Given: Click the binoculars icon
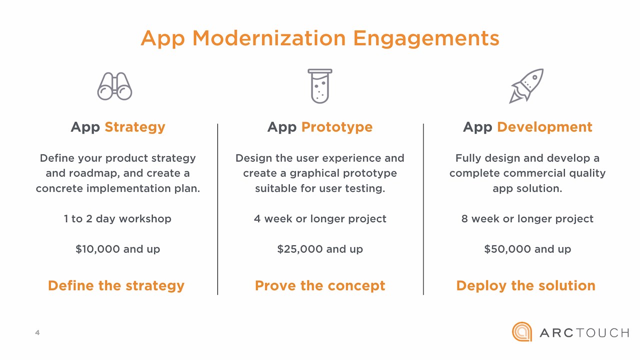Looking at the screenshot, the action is pyautogui.click(x=114, y=86).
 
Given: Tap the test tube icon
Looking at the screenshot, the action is pyautogui.click(x=319, y=85).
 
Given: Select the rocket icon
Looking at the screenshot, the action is pyautogui.click(x=526, y=85).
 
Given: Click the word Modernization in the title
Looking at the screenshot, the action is pyautogui.click(x=269, y=38).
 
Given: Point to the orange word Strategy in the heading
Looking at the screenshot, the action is pyautogui.click(x=135, y=127).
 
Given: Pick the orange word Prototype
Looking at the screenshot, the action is pyautogui.click(x=337, y=127).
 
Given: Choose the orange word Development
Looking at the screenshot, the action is pyautogui.click(x=544, y=127).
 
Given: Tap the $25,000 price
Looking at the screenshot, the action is pyautogui.click(x=300, y=249).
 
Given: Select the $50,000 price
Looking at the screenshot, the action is pyautogui.click(x=507, y=249).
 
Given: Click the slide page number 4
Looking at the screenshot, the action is pyautogui.click(x=37, y=332).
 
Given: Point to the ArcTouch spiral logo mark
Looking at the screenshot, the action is pyautogui.click(x=522, y=332).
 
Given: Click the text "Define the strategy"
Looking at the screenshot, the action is pyautogui.click(x=116, y=286).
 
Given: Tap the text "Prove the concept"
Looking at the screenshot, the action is pyautogui.click(x=320, y=286).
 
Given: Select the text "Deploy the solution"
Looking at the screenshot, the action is pyautogui.click(x=525, y=286).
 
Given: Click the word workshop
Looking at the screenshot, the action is pyautogui.click(x=145, y=219).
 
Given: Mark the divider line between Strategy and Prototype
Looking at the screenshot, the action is pyautogui.click(x=217, y=209).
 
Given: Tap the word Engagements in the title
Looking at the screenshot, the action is pyautogui.click(x=426, y=39).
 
